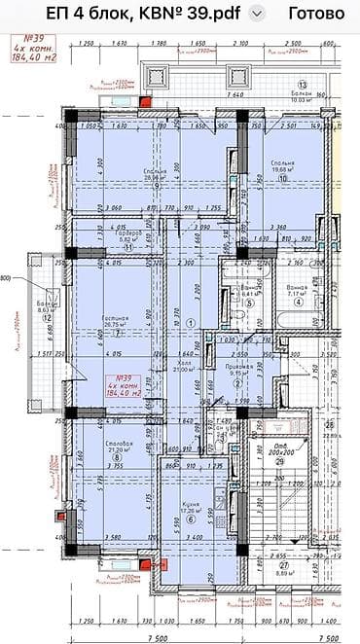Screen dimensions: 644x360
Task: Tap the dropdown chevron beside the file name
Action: coord(257,14)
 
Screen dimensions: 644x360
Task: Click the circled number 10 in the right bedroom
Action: coord(282,179)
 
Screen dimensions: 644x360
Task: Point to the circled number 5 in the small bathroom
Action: coord(249,303)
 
